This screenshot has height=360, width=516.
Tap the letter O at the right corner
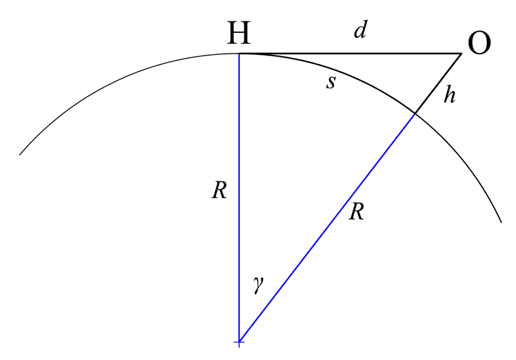(x=479, y=43)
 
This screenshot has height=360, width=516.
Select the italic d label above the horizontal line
(x=361, y=29)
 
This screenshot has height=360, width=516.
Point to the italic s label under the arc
(x=331, y=83)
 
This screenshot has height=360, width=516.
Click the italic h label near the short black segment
(x=450, y=94)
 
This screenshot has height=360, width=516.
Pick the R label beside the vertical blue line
(x=219, y=190)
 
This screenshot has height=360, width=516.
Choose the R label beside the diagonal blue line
(x=357, y=212)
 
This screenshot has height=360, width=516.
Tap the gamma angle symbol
(x=259, y=285)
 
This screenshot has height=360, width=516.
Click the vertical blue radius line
(x=239, y=198)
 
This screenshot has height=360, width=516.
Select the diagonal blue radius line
(x=327, y=228)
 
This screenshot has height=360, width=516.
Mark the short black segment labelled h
(x=438, y=83)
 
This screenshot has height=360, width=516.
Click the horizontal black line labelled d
(x=350, y=53)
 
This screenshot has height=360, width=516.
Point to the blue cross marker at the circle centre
(x=239, y=343)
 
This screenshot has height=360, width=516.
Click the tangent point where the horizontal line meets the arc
(x=239, y=54)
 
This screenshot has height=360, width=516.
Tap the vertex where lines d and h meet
(x=461, y=54)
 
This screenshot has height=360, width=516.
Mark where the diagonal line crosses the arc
(x=415, y=114)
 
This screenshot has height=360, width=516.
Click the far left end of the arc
(x=20, y=155)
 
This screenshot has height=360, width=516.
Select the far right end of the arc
(x=501, y=223)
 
